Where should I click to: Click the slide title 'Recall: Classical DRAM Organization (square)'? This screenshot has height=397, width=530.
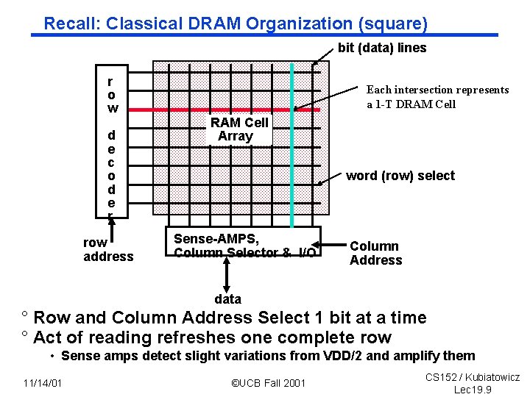click(236, 24)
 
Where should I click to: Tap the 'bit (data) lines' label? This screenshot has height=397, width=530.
click(382, 49)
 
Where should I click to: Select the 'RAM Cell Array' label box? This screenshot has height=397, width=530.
click(239, 129)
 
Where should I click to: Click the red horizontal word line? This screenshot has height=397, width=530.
click(221, 109)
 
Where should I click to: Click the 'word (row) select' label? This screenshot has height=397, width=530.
click(400, 176)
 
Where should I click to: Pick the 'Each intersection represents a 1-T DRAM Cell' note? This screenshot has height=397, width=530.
click(437, 97)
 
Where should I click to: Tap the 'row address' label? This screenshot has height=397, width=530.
click(108, 250)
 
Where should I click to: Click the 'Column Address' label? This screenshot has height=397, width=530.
click(375, 253)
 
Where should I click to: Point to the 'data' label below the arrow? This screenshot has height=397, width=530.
click(227, 299)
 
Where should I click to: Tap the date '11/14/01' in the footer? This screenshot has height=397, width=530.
click(42, 382)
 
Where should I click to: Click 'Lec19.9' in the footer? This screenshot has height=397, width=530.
click(473, 390)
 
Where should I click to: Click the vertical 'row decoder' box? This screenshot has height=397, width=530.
click(111, 147)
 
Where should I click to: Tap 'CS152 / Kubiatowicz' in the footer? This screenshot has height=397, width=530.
click(473, 377)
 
